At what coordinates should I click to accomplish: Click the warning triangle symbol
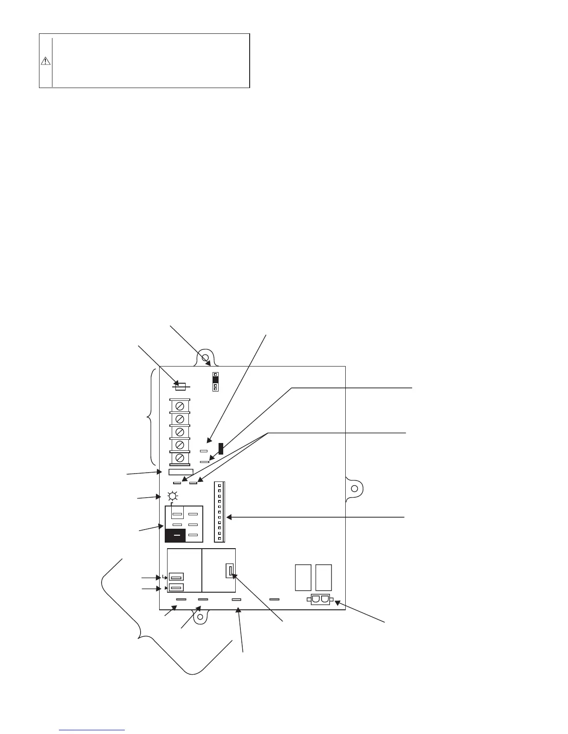point(45,61)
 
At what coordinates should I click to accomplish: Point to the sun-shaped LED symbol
point(172,495)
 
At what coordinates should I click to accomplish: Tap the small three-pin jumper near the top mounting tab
point(215,381)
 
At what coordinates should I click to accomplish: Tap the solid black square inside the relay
point(175,535)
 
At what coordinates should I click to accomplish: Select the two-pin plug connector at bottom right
point(320,600)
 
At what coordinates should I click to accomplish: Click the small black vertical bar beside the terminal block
point(221,448)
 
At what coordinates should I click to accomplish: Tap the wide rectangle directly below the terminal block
point(181,471)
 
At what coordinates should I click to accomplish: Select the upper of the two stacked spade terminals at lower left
point(176,577)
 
